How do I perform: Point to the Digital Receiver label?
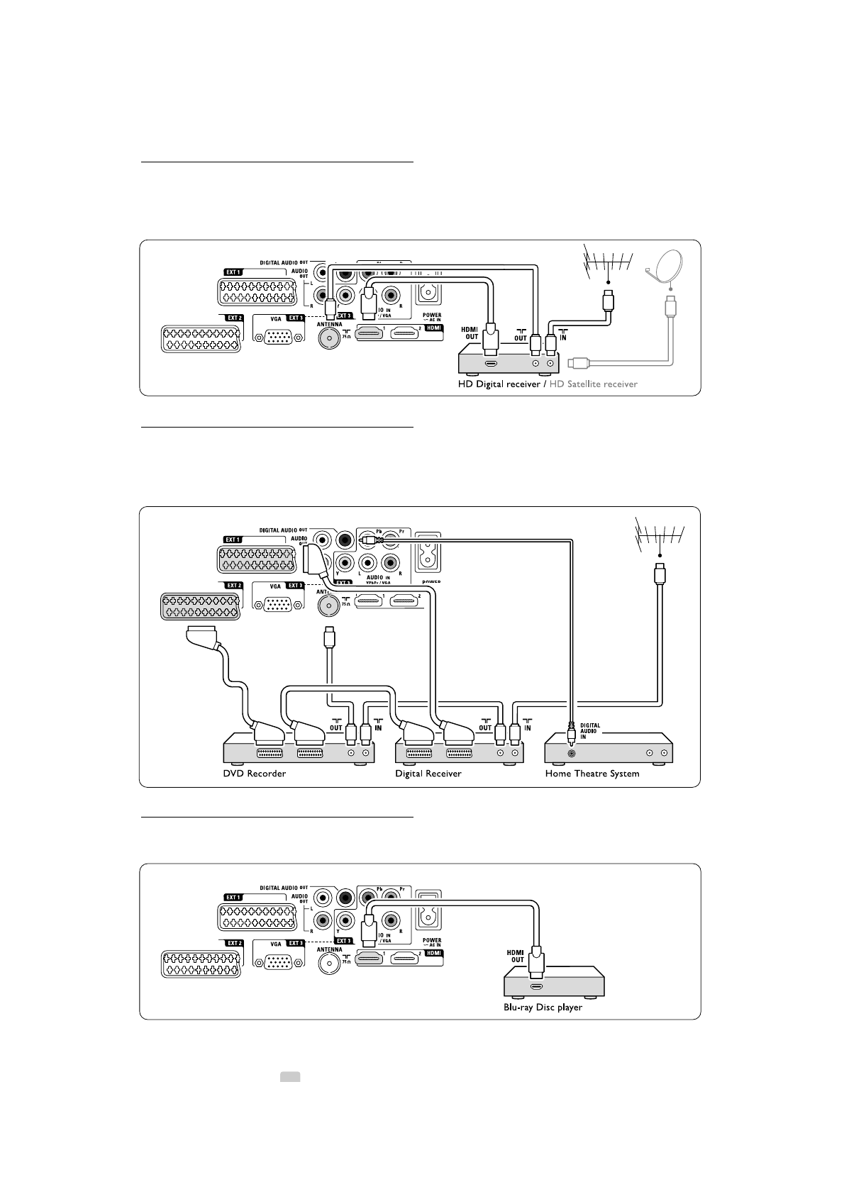click(428, 774)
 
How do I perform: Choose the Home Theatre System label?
click(592, 774)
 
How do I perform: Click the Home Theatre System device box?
click(608, 752)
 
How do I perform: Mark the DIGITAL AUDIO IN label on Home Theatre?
click(591, 731)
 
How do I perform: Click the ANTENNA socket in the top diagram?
click(328, 338)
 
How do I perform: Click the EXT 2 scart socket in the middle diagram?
click(201, 605)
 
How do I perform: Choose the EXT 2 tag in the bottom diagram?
click(234, 943)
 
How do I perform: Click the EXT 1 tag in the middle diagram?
click(233, 540)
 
